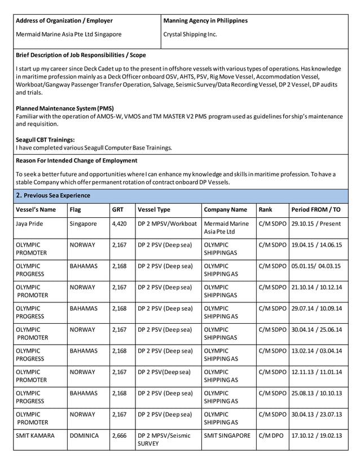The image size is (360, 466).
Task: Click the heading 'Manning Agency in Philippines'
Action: click(x=205, y=21)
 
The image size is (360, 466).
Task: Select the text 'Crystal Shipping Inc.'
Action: click(x=190, y=34)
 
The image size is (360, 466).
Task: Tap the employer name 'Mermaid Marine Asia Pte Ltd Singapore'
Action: click(x=68, y=34)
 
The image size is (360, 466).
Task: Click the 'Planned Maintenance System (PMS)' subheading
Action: click(x=65, y=108)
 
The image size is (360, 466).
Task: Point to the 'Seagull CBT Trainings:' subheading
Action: click(x=45, y=140)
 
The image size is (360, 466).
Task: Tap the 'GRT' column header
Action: click(x=117, y=210)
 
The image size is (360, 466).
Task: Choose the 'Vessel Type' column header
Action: click(x=154, y=210)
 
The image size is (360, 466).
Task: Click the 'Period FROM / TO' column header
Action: click(x=316, y=210)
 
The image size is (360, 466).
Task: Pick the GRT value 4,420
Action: click(x=119, y=223)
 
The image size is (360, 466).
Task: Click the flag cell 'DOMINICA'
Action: click(x=84, y=436)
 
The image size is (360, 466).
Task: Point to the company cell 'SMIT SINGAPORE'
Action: click(x=227, y=436)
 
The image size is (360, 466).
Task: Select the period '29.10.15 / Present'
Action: click(x=317, y=223)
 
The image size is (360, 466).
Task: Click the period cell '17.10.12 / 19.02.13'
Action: click(x=317, y=436)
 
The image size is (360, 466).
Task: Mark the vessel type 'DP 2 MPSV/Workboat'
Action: click(x=168, y=223)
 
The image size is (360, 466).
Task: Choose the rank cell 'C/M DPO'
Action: click(x=269, y=436)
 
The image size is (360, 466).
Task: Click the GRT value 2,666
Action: click(x=119, y=436)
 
